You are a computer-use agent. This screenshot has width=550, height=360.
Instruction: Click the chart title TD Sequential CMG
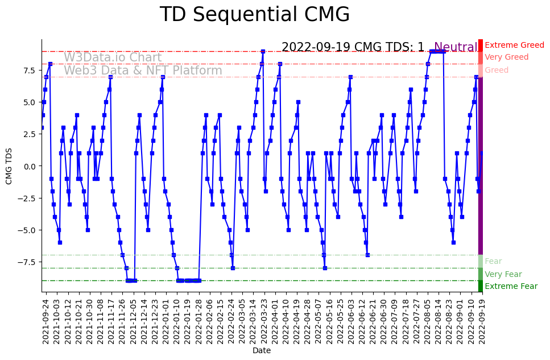click(x=254, y=15)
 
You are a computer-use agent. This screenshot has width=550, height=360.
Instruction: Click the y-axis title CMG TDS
click(x=9, y=165)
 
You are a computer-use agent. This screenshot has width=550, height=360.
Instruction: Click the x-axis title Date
click(x=262, y=351)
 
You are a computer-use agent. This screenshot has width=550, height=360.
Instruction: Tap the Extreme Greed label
click(x=514, y=45)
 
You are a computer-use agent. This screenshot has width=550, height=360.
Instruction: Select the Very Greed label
click(x=506, y=57)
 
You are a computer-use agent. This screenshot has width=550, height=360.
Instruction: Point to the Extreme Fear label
click(x=511, y=287)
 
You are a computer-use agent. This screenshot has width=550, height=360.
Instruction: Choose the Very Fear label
click(x=503, y=274)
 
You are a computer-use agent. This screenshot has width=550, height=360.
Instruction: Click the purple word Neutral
click(x=456, y=48)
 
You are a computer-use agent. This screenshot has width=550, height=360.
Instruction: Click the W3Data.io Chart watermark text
click(x=113, y=57)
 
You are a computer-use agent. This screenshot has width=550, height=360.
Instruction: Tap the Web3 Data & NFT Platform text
click(x=143, y=71)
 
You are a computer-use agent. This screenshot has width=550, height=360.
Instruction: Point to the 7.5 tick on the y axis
click(x=30, y=71)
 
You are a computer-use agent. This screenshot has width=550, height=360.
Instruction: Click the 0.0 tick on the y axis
click(x=30, y=166)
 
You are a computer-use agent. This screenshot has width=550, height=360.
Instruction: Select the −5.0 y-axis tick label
click(x=28, y=230)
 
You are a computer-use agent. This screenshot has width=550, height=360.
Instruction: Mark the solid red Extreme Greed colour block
click(x=481, y=45)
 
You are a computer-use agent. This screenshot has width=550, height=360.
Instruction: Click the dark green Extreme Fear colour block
click(x=481, y=286)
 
